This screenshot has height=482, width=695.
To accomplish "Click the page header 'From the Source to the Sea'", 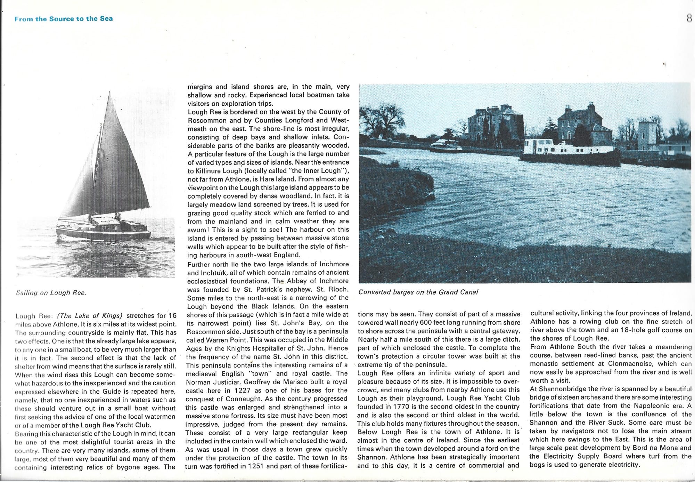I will pos(64,19).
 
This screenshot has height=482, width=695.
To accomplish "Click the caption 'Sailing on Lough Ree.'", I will pos(51,293).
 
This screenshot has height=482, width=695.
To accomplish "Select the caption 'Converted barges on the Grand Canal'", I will pos(418,292).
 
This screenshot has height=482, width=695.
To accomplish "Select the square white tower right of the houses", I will pos(647,136).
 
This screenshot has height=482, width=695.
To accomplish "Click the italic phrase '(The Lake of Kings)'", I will pos(90,316).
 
